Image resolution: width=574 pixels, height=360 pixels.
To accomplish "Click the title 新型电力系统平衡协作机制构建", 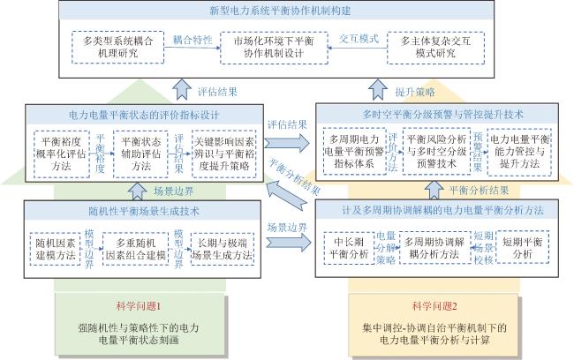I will [287, 11].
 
